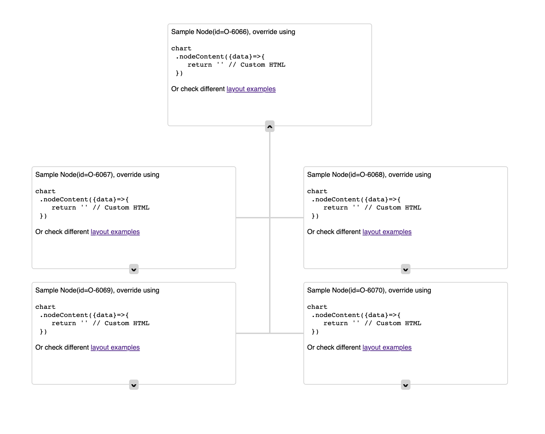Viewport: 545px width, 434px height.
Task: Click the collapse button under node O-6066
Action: click(x=270, y=127)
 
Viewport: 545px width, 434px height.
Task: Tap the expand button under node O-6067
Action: click(x=134, y=269)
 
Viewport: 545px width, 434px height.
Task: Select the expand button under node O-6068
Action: click(x=406, y=269)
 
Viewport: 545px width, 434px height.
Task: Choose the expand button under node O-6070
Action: click(x=406, y=385)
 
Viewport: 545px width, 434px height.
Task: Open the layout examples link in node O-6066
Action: click(x=251, y=89)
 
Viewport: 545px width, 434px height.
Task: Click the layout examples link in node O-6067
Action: click(x=115, y=232)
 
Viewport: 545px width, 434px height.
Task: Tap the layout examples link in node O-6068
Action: click(x=387, y=232)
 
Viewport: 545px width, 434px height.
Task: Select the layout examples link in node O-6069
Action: click(x=115, y=348)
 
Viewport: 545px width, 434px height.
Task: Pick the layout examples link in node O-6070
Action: click(x=387, y=348)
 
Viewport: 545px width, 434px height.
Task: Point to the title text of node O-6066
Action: click(x=233, y=32)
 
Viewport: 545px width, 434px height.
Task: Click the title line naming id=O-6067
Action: click(x=97, y=175)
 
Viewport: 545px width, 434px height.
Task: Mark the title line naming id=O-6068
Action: click(x=369, y=175)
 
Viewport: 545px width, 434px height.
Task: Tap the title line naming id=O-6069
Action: click(x=97, y=290)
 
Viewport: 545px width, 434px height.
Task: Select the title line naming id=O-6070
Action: click(x=369, y=290)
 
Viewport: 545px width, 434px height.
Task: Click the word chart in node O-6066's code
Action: click(x=181, y=49)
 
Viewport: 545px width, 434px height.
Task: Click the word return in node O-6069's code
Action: click(x=64, y=323)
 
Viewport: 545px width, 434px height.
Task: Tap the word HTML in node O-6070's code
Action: click(x=413, y=323)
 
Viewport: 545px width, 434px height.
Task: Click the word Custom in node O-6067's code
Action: click(x=117, y=208)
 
